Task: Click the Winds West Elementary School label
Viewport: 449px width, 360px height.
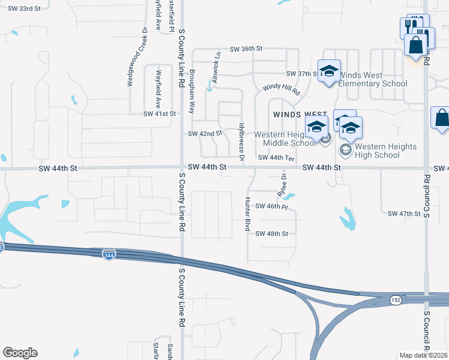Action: [x=372, y=79]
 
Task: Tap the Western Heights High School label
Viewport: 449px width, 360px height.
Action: [x=377, y=151]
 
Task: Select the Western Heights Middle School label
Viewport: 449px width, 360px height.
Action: [x=285, y=139]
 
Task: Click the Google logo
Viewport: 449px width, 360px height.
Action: [x=20, y=353]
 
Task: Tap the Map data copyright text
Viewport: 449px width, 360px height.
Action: [x=424, y=355]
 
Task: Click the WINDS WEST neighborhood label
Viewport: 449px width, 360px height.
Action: [x=300, y=114]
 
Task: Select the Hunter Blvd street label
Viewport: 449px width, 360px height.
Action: [x=247, y=214]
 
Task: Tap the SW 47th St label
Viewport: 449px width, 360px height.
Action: [x=404, y=214]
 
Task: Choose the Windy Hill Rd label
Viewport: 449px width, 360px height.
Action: [x=281, y=88]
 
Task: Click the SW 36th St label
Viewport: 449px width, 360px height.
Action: [x=247, y=49]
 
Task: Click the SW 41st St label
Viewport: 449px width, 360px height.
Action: [x=159, y=113]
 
